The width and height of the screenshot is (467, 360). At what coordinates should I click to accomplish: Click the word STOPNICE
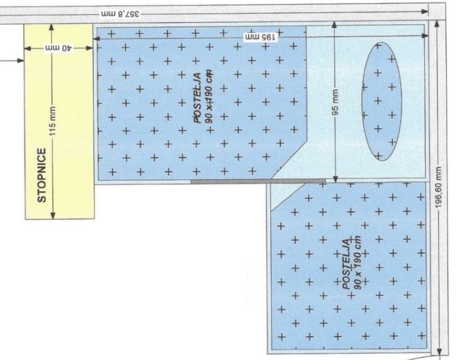point(42,175)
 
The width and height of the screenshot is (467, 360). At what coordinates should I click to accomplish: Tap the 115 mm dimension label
point(53,121)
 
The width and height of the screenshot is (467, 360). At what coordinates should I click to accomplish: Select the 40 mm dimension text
point(59,49)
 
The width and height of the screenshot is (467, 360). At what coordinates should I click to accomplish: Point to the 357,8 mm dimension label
point(120,14)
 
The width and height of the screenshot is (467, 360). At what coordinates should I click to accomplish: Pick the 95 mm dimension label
point(335,102)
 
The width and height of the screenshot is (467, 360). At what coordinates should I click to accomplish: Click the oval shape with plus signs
point(382,101)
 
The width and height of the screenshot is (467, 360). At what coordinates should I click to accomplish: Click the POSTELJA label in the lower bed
point(347,264)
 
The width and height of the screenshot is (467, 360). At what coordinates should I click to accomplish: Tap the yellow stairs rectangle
point(59,122)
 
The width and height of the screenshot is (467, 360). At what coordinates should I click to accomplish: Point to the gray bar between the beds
point(258,181)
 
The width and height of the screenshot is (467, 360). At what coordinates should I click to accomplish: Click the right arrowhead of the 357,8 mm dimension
point(425,11)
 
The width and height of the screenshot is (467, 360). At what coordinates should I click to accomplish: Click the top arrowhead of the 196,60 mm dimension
point(437,24)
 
